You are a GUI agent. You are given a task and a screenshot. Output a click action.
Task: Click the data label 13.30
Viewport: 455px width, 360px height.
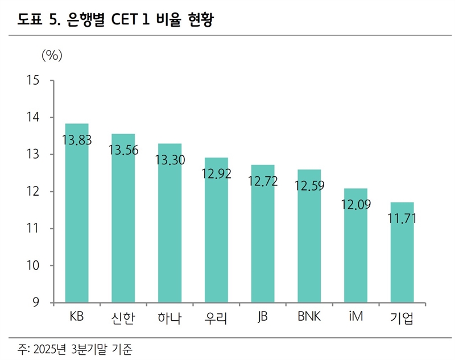169,160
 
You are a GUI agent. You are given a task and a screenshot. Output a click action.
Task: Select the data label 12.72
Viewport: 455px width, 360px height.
263,182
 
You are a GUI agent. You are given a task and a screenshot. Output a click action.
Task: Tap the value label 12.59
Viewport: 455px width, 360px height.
309,186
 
